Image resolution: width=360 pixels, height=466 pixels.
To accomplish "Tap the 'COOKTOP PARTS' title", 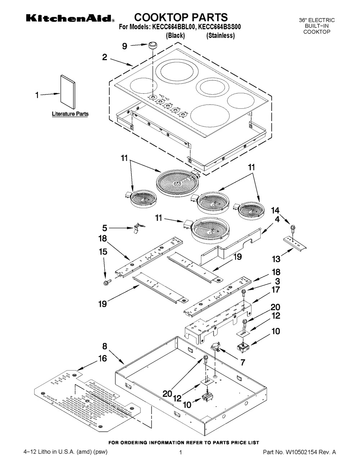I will click(181, 17).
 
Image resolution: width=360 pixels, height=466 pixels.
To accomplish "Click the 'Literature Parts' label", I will click(70, 114).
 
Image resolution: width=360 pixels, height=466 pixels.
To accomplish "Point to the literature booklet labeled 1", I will click(68, 92).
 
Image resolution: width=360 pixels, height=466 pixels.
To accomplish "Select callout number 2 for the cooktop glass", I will click(104, 57).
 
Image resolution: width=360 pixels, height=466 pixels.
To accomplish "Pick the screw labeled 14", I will click(293, 228).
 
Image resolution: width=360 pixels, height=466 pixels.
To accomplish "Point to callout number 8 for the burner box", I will click(104, 346).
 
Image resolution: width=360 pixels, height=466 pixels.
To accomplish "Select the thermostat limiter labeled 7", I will click(216, 346).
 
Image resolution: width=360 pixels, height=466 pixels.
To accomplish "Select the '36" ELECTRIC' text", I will click(317, 20).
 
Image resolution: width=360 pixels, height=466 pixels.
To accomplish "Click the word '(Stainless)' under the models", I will click(220, 36).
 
